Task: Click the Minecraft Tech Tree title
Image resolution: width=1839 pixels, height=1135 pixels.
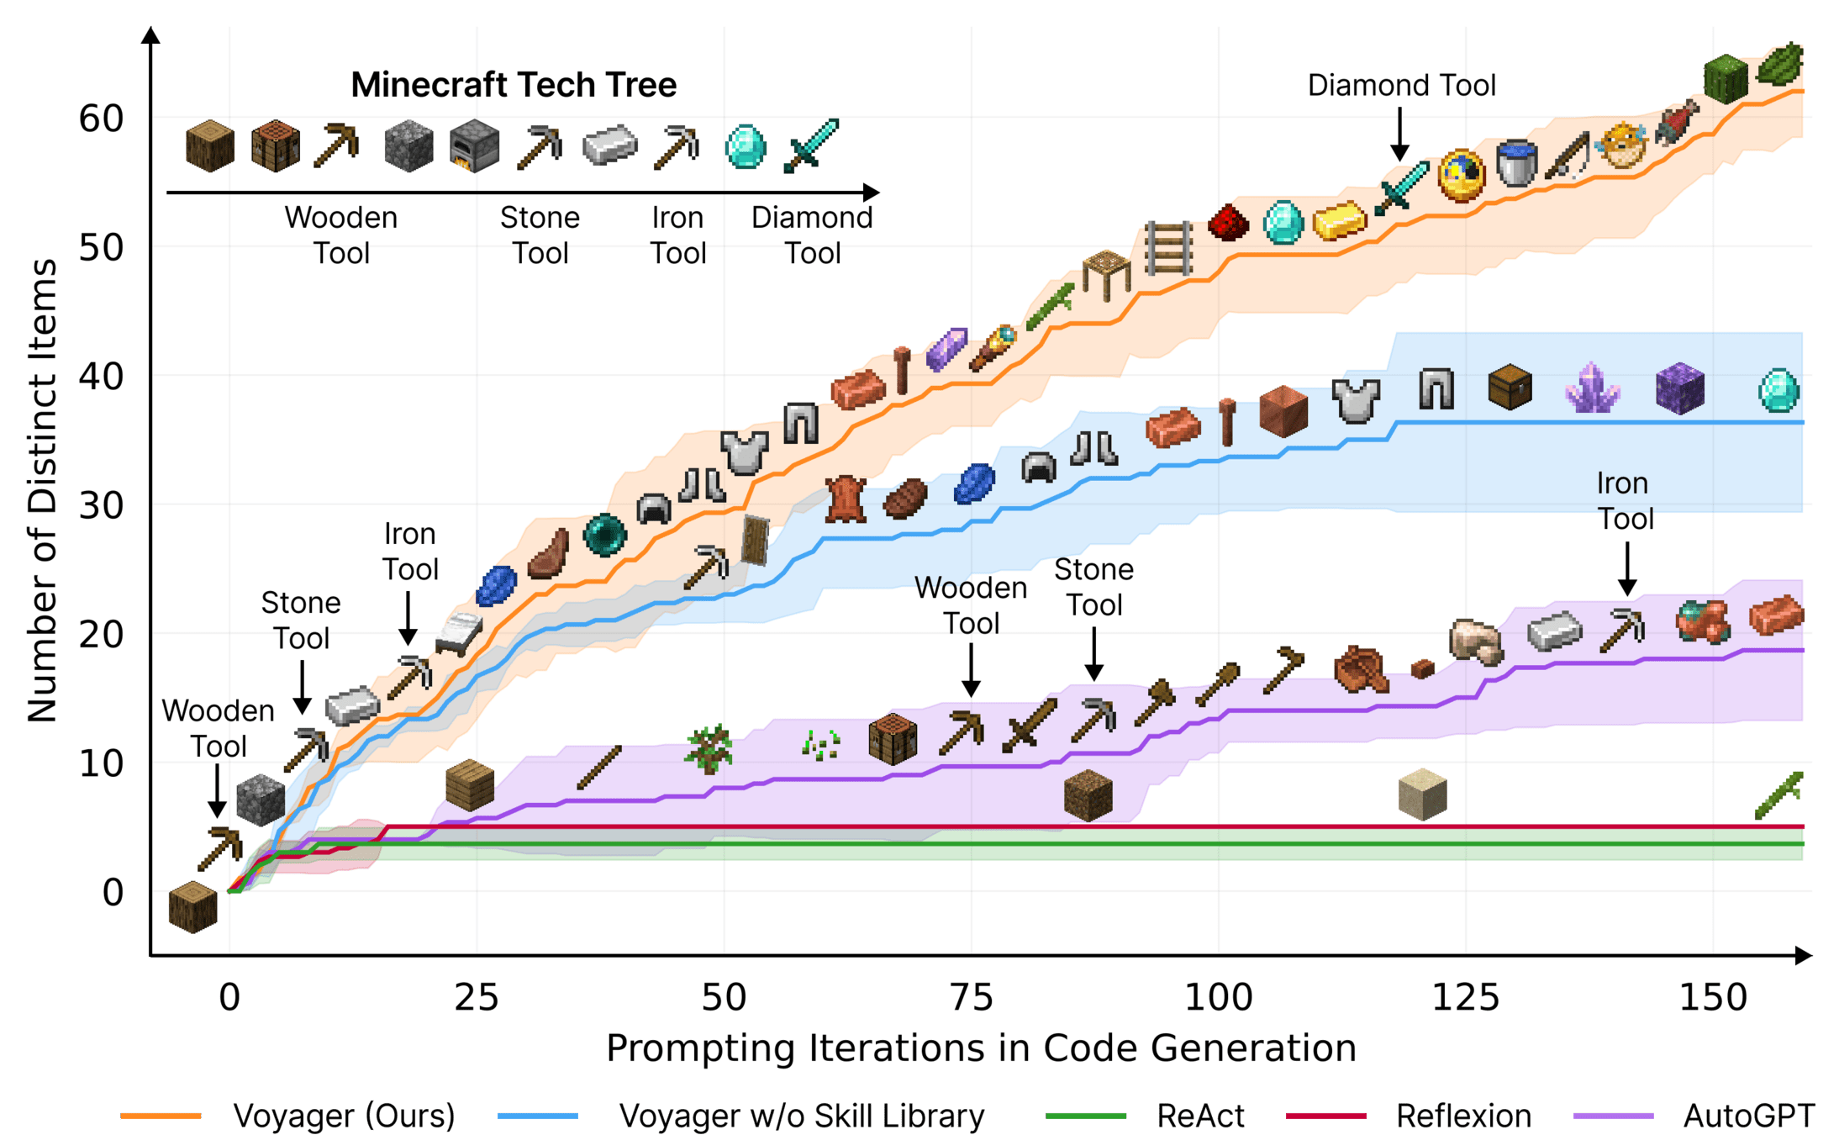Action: coord(514,85)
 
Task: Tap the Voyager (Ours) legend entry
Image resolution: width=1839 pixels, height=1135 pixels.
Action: coord(343,1116)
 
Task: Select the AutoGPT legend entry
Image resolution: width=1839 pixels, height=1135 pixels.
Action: coord(1748,1116)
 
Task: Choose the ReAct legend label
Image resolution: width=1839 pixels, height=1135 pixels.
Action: coord(1200,1116)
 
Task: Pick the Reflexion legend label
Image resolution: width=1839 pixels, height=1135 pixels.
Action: coord(1463,1116)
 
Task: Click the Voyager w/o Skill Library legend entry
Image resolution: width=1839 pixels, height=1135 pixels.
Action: coord(801,1116)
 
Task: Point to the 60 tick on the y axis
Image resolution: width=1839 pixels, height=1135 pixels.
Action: coord(101,119)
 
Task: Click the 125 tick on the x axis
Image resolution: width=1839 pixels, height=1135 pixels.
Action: coord(1465,998)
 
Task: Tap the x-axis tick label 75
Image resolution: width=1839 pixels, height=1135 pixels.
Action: coord(971,998)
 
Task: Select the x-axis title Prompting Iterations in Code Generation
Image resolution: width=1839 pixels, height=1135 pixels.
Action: coord(981,1048)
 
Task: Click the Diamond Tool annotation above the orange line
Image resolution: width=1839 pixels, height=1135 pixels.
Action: coord(1401,85)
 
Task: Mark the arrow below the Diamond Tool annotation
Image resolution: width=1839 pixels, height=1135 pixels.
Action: coord(1399,135)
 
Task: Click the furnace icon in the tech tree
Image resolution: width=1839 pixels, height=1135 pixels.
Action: coord(474,146)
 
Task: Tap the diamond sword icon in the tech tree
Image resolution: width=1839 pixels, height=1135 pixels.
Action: coord(811,146)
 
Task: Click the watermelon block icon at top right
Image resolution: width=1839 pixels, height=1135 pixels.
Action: coord(1726,79)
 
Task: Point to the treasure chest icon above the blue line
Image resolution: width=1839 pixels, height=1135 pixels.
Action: coord(1510,387)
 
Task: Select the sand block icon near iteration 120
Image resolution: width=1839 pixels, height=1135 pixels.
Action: coord(1422,794)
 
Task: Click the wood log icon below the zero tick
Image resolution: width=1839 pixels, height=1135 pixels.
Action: coord(192,907)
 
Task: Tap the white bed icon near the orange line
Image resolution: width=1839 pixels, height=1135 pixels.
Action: coord(459,632)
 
